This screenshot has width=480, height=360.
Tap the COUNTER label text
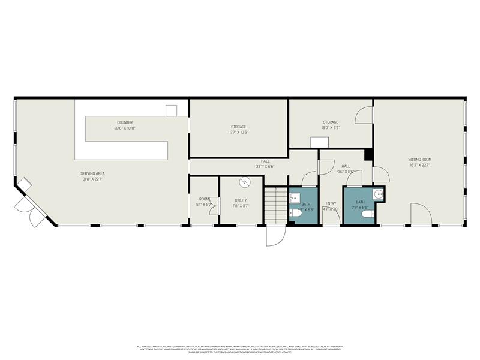[125, 122]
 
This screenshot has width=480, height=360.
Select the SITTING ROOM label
[419, 159]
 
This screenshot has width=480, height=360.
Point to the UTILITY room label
[241, 200]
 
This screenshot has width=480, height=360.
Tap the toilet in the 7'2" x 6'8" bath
[372, 213]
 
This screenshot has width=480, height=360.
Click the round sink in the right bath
[377, 194]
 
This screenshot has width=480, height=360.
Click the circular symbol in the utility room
[244, 182]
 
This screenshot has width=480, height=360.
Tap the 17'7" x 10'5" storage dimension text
[239, 133]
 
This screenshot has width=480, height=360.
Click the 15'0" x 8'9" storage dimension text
[330, 128]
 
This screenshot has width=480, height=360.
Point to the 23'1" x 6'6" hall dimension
[265, 166]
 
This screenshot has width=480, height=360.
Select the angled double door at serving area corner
[28, 202]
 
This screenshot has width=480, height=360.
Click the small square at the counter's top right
[171, 110]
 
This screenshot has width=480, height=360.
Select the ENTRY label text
[331, 203]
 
